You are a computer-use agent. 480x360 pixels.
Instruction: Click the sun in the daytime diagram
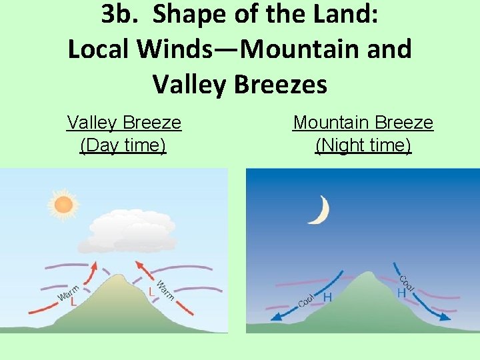63,205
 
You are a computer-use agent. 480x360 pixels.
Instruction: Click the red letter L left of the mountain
73,301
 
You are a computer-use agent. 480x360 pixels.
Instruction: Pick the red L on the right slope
152,292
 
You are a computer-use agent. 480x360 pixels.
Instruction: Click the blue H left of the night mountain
327,298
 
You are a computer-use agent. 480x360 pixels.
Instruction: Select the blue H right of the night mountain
401,293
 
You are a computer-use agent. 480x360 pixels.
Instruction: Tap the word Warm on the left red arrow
69,291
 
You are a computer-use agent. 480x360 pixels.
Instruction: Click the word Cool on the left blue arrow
307,299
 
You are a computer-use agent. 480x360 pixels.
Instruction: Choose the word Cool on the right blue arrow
407,283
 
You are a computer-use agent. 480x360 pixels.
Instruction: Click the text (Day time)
123,145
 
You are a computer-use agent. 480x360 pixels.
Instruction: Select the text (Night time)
363,145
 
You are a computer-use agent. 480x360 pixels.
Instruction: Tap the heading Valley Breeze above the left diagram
124,123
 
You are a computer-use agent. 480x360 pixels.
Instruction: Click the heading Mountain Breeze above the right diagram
363,123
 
